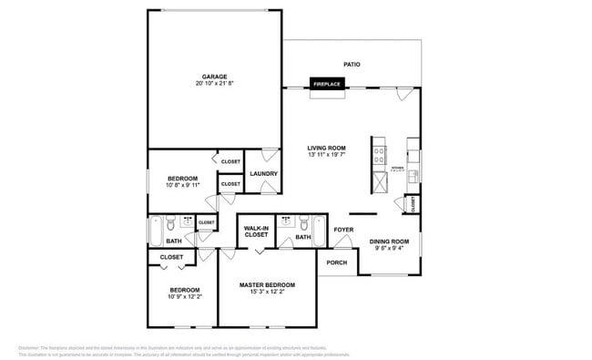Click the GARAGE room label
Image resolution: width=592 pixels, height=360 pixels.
coord(214,76)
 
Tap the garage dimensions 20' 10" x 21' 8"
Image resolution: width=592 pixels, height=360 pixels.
coord(214,84)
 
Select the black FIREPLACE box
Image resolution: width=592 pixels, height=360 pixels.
coord(327,84)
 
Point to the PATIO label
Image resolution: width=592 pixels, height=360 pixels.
coord(352,65)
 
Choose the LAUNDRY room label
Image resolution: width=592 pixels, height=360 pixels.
coord(263,173)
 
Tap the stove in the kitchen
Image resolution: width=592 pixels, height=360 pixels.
coord(378,151)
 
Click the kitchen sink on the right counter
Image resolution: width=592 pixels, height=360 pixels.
coord(413,173)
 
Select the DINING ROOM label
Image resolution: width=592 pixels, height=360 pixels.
coord(389,241)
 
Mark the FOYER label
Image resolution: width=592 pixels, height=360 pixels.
coord(343,230)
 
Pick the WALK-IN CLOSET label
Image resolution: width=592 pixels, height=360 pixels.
coord(256,231)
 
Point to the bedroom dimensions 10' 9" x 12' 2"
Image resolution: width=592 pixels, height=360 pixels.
coord(183,296)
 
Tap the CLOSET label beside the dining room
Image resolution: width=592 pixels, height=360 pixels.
coord(414,204)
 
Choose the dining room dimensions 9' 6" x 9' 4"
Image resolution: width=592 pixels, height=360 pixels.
coord(389,248)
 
